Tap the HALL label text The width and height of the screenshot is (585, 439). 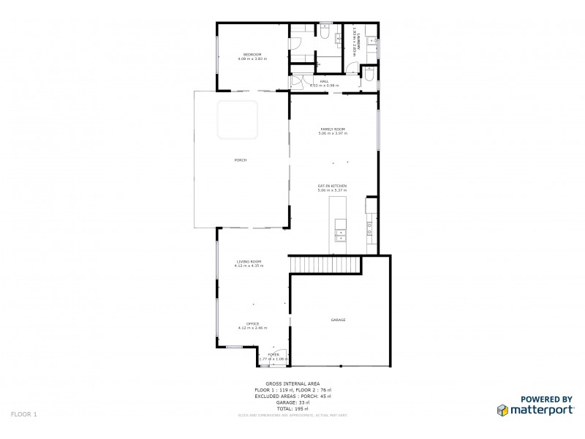click(x=324, y=81)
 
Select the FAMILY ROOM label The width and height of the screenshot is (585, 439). click(x=333, y=129)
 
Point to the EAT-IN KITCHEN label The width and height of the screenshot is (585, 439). click(x=332, y=187)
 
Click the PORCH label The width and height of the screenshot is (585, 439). click(x=240, y=160)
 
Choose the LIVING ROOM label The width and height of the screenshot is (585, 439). click(x=249, y=261)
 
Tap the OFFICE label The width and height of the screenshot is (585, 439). click(x=252, y=323)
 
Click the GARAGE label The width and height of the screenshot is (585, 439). click(x=338, y=320)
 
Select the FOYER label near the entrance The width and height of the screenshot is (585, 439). click(x=273, y=355)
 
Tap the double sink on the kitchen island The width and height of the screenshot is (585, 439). click(x=340, y=234)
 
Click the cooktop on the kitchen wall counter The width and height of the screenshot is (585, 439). click(x=371, y=231)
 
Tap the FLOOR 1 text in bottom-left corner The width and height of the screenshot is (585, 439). click(x=24, y=414)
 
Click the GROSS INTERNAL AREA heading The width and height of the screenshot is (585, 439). click(x=292, y=383)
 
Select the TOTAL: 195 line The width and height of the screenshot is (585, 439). click(x=292, y=408)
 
